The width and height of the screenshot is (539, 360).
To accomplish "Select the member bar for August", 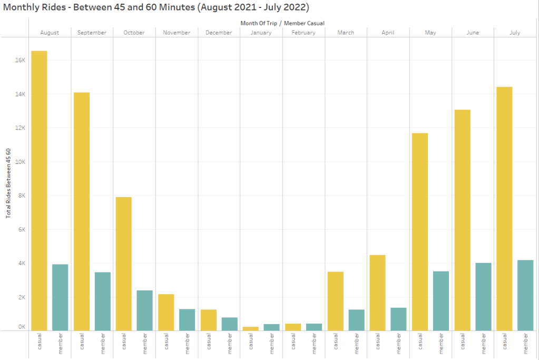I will [x=60, y=297].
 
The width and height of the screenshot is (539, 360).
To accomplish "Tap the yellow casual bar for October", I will [x=123, y=264].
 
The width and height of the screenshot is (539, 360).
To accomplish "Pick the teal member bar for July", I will [x=525, y=295].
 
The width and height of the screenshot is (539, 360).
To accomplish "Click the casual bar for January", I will [x=250, y=328].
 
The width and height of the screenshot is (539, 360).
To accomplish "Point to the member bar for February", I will [x=314, y=327].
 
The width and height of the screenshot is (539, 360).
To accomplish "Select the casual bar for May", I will [x=419, y=232].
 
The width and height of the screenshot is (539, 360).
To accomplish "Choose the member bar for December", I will [x=229, y=324].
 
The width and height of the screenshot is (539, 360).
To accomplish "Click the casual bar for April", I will [x=377, y=293].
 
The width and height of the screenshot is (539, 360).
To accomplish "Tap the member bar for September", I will [x=102, y=301].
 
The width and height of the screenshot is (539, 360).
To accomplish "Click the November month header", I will [x=177, y=33].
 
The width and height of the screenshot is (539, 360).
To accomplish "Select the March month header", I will [x=346, y=33].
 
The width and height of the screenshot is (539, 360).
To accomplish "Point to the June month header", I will [x=473, y=33].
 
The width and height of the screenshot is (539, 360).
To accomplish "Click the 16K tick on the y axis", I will [x=20, y=61].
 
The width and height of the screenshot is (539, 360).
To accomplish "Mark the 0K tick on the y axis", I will [x=21, y=327].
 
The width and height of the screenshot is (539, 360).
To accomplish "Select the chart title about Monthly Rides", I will [x=156, y=7].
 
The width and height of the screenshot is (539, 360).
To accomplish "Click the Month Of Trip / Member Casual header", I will [x=282, y=23].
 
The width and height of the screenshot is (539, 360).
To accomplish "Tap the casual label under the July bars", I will [x=504, y=342].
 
